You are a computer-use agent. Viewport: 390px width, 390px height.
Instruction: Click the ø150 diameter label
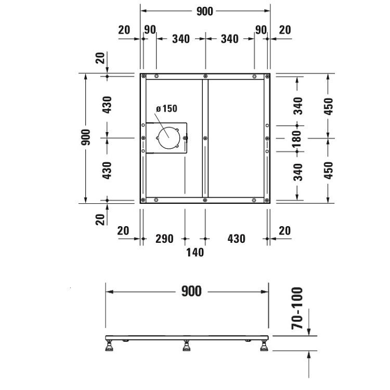(166, 109)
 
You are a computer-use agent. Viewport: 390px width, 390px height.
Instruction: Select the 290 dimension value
(164, 239)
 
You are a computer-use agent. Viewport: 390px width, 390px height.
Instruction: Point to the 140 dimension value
(195, 252)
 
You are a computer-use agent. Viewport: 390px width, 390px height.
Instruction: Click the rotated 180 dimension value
(297, 138)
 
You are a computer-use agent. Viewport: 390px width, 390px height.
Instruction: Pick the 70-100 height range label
(297, 308)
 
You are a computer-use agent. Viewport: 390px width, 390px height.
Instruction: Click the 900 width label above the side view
(191, 291)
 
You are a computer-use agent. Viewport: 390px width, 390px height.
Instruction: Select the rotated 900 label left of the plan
(86, 137)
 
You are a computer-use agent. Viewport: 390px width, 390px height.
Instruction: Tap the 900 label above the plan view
(205, 11)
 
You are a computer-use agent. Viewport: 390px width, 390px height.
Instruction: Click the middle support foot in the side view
(187, 345)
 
